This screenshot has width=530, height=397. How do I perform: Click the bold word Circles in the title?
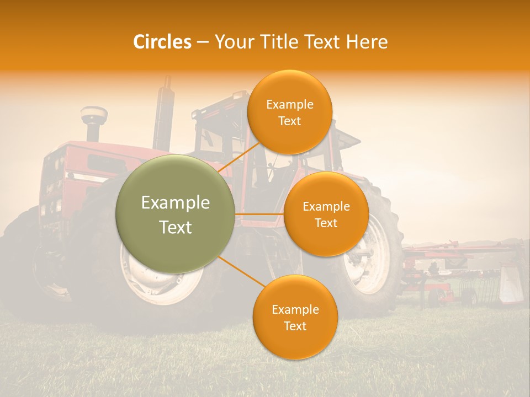pos(162,42)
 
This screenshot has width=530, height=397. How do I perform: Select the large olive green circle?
pos(175,214)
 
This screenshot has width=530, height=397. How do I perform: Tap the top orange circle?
pos(289,112)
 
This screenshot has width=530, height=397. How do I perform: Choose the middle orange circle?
pos(326,214)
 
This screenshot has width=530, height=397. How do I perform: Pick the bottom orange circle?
pos(295,317)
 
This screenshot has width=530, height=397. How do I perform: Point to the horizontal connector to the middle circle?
pos(259,214)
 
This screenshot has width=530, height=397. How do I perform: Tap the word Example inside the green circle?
pos(175,203)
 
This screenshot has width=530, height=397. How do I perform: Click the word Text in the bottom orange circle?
pos(295,326)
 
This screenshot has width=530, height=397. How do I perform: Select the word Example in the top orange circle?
pos(289,104)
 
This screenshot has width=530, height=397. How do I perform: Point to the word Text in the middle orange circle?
pos(326,223)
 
